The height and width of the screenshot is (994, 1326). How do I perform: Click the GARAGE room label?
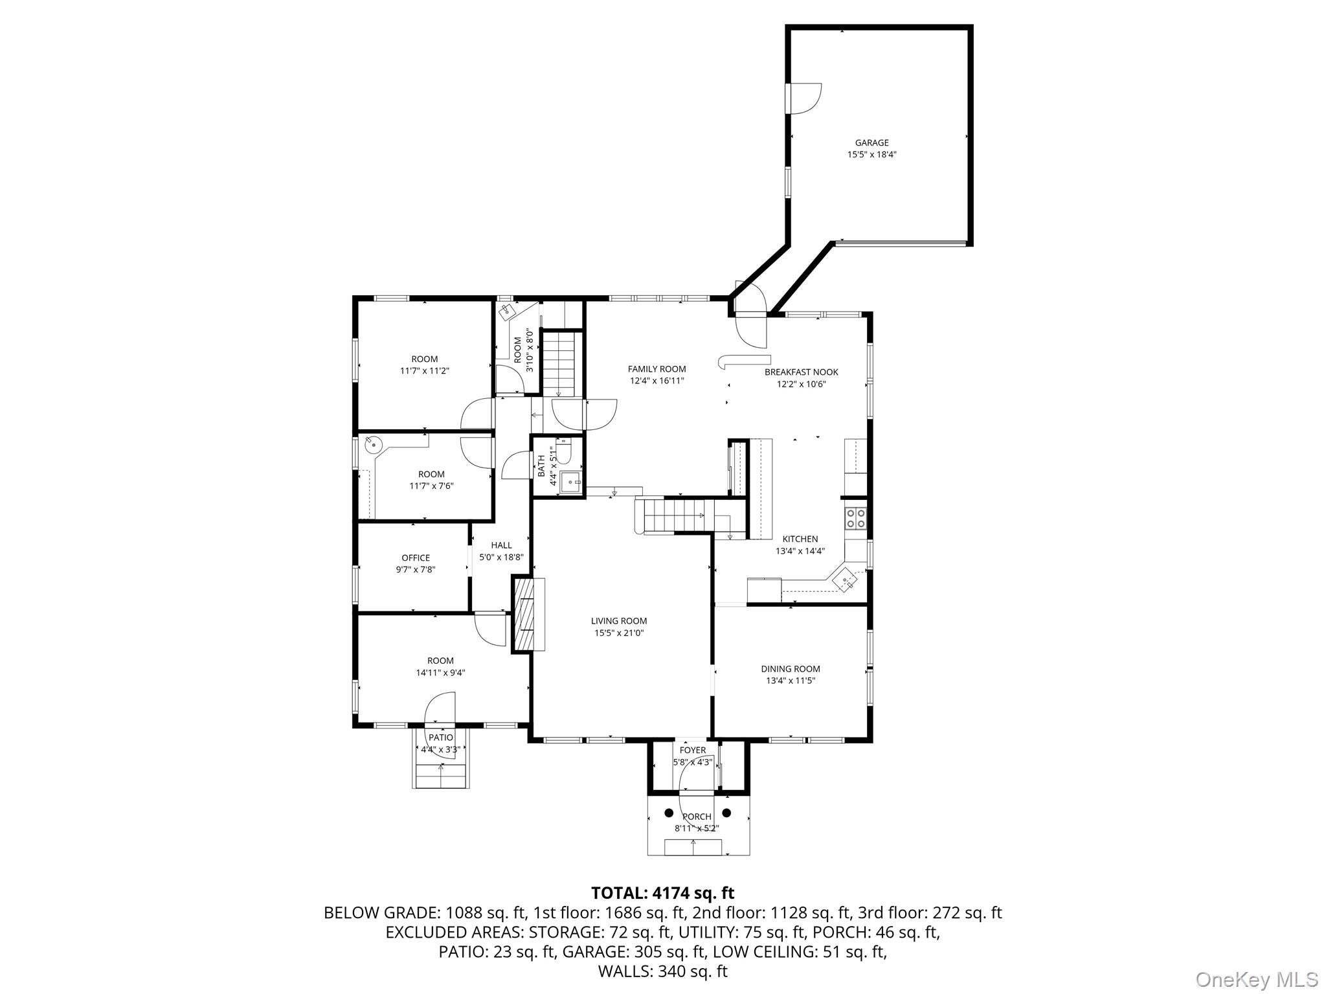871,142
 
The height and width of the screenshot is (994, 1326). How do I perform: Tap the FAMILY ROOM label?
657,369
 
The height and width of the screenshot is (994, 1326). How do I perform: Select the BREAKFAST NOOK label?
801,372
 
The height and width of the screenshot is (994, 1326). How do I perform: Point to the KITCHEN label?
800,539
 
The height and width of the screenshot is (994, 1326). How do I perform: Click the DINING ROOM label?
791,669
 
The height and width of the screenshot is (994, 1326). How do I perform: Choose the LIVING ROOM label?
619,621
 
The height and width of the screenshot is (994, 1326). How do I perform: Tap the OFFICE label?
416,558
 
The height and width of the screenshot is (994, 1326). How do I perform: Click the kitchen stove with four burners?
855,517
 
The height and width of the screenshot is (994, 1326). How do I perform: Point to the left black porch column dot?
669,813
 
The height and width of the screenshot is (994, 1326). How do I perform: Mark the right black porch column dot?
726,813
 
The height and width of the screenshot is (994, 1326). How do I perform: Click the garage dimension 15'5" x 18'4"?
871,155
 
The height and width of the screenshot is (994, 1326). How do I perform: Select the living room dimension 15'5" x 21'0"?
619,633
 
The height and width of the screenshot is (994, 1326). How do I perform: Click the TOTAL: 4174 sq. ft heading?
663,893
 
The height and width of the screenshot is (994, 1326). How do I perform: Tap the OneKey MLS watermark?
1257,978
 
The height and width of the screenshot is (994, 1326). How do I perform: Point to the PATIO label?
441,738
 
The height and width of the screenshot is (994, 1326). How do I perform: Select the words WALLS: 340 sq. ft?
663,971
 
